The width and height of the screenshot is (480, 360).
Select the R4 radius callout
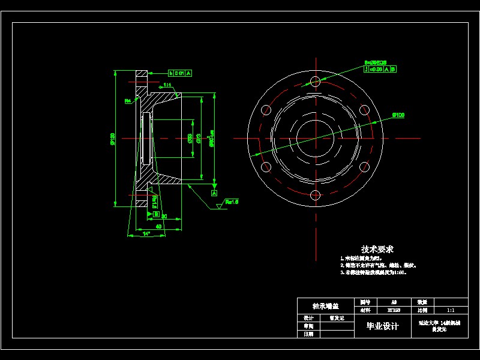(x=128, y=101)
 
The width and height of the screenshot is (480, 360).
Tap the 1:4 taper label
(x=167, y=85)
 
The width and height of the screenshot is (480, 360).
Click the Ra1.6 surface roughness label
(x=232, y=202)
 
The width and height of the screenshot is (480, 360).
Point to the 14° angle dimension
(x=146, y=234)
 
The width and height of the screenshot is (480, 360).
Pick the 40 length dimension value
(x=158, y=227)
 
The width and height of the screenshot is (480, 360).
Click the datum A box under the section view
(x=214, y=194)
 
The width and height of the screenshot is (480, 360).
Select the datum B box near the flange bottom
(x=156, y=214)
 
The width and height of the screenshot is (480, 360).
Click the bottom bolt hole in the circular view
(x=315, y=194)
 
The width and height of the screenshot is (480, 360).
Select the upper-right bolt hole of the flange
(x=364, y=110)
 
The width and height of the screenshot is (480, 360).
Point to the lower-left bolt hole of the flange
(x=266, y=166)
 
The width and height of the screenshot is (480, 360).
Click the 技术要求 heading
(x=377, y=249)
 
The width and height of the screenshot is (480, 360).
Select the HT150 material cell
(x=394, y=310)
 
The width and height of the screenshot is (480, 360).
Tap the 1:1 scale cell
(x=451, y=310)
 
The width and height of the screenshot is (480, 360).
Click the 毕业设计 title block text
(x=383, y=326)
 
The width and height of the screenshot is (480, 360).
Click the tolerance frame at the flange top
(x=179, y=73)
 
